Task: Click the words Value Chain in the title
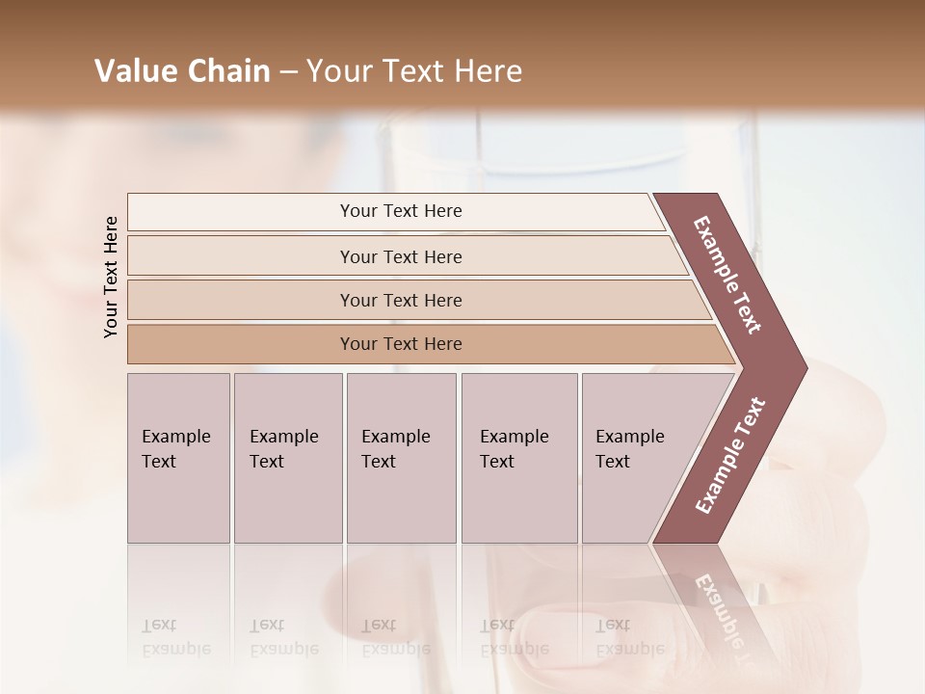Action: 182,71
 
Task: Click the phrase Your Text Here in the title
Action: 414,71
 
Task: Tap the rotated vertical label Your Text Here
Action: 111,277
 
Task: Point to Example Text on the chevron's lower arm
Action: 730,455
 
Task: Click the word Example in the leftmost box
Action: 175,437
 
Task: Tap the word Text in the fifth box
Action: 613,462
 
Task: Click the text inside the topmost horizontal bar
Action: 401,211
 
